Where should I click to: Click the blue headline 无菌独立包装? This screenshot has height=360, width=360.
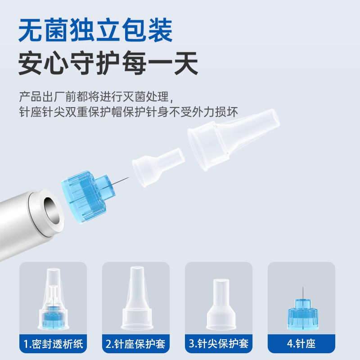[95, 30]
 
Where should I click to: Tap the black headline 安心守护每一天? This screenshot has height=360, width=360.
[108, 63]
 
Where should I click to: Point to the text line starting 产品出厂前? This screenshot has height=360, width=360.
[96, 97]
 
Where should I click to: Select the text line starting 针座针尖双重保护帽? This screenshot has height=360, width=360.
[128, 112]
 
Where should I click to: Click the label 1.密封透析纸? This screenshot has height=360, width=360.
[53, 344]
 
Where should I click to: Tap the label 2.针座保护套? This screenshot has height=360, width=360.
[135, 344]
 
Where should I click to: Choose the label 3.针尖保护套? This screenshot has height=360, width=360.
[219, 344]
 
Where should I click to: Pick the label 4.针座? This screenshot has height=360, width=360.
[301, 344]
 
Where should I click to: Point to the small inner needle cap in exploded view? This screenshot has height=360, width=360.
[158, 167]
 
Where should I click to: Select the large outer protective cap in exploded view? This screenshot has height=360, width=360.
[233, 139]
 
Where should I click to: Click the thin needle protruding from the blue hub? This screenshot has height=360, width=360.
[121, 181]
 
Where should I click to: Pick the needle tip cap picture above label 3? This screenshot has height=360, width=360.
[221, 305]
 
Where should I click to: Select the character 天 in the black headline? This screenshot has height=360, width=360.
[186, 63]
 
